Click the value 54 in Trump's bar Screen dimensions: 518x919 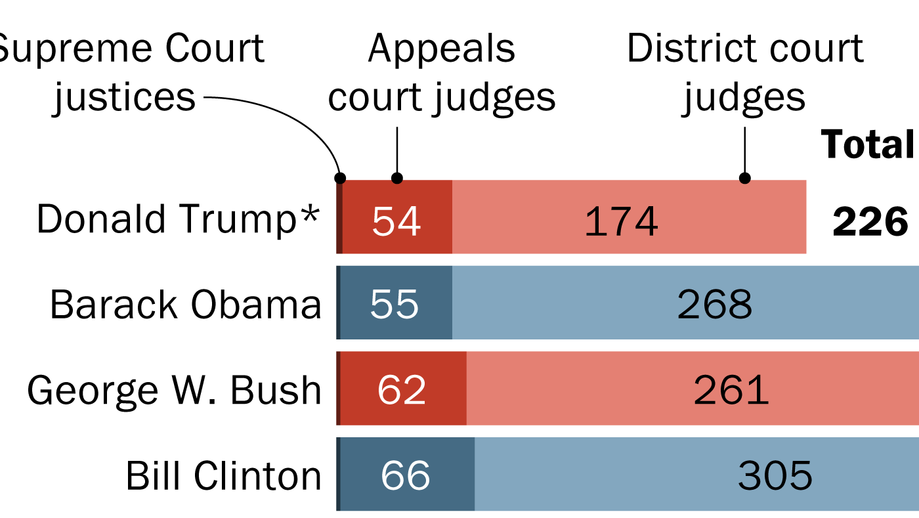396,221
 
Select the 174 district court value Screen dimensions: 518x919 621,221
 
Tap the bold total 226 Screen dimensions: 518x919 870,223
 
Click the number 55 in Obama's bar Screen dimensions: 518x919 395,305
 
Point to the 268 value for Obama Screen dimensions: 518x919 715,305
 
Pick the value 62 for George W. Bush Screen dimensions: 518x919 402,389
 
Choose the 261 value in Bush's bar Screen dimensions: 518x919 731,389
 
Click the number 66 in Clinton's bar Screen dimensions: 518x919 405,475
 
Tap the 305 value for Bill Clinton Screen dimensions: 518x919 775,475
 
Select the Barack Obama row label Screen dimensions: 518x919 186,305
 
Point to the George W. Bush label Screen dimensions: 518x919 175,391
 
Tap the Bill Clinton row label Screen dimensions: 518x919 223,476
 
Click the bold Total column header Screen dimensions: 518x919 868,144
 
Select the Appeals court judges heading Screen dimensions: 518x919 442,73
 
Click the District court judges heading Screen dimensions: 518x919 744,73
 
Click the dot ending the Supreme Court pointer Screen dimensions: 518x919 340,178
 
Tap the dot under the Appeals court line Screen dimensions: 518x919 396,178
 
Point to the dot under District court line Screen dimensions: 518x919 744,178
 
